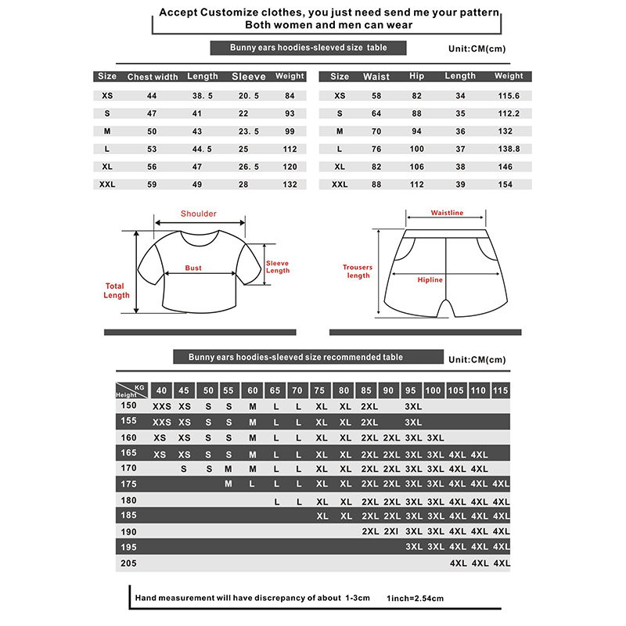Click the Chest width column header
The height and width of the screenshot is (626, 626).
pos(153,77)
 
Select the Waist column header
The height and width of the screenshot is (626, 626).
pos(376,77)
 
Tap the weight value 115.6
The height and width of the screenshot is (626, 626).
pos(509,95)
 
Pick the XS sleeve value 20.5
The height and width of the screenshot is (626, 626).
pos(249,95)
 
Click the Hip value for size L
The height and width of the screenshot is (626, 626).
pos(416,149)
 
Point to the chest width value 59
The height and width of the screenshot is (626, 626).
pos(152,185)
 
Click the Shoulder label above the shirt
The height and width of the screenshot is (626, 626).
pos(199,214)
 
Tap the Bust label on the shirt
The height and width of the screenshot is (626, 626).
pos(193,268)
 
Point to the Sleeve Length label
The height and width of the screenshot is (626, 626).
pos(278,267)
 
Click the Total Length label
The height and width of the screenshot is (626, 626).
pos(117,290)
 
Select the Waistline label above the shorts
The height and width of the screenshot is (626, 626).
pos(447,213)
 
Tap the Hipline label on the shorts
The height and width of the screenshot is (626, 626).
pos(430,280)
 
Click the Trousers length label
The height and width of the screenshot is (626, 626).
pos(358,272)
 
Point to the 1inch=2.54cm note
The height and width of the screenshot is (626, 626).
pos(415,599)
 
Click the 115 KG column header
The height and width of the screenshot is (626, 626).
pos(501,390)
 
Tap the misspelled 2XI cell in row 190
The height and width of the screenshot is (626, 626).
pos(392,531)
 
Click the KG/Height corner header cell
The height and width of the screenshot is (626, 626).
pos(131,390)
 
